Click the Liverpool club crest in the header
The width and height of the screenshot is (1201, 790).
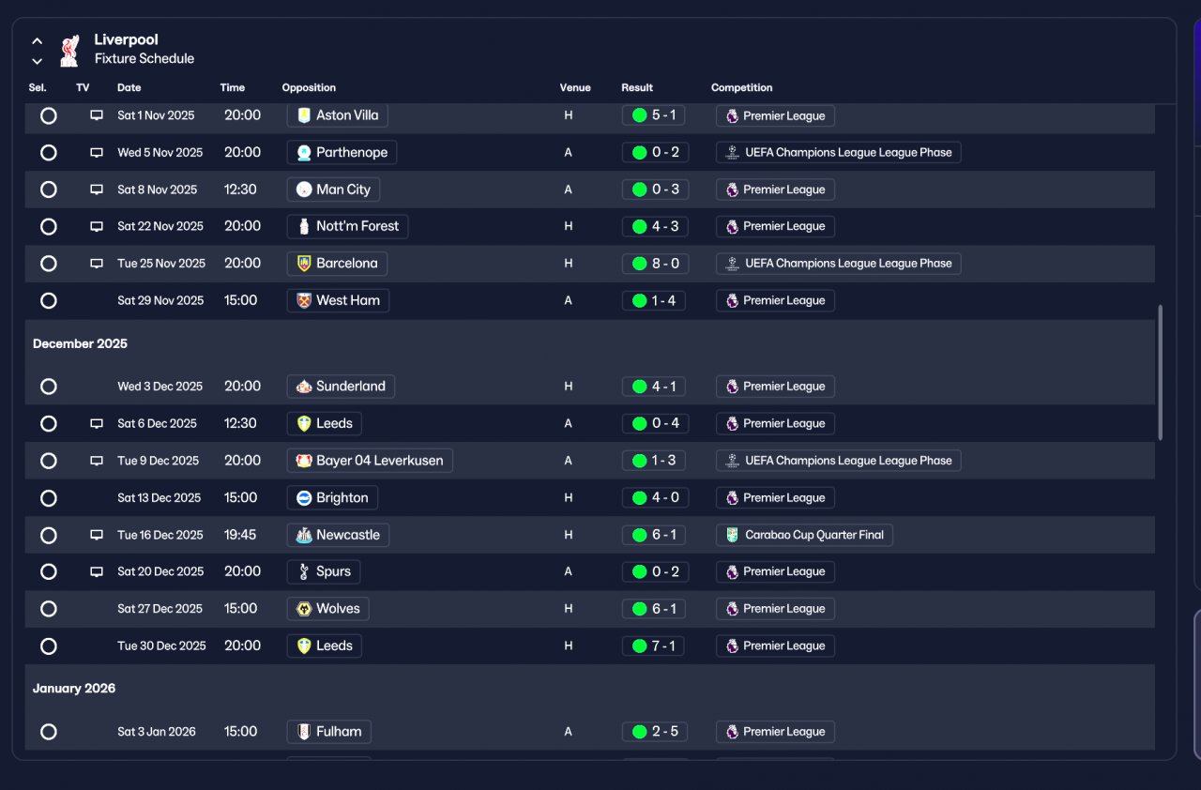coord(69,51)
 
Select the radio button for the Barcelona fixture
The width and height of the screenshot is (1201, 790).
coord(48,263)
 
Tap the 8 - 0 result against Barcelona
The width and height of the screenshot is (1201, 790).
coord(655,263)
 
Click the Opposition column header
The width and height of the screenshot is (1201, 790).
coord(309,87)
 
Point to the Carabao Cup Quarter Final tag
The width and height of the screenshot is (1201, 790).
coord(804,535)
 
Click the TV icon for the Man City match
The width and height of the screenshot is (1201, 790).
coord(97,190)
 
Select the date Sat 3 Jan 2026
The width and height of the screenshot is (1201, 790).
coord(157,732)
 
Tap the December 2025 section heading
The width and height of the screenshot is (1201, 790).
coord(80,343)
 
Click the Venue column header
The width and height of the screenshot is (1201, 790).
coord(575,87)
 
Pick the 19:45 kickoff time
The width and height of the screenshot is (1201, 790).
coord(239,535)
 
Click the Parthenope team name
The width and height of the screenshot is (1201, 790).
coord(352,152)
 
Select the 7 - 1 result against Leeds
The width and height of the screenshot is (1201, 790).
coord(653,646)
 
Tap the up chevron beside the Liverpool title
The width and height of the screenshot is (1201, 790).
coord(37,40)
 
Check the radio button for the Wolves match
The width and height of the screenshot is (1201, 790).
coord(48,609)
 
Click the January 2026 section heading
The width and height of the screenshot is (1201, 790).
coord(74,688)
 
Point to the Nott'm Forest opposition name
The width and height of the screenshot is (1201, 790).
coord(357,226)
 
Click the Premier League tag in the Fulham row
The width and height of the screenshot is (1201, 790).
coord(775,732)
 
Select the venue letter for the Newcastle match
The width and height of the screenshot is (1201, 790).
coord(569,535)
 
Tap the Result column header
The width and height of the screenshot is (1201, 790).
coord(637,87)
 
